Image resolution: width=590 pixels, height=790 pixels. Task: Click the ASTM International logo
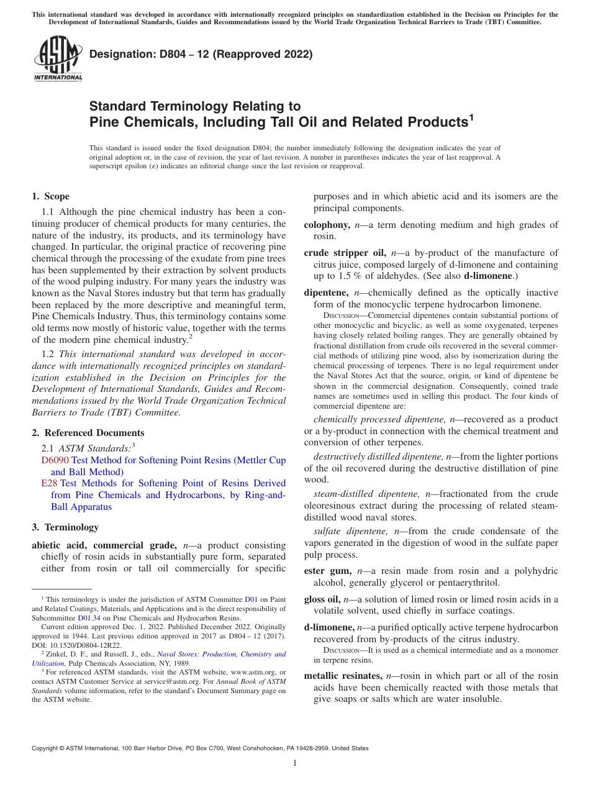[58, 59]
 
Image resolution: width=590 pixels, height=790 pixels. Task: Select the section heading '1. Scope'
[50, 196]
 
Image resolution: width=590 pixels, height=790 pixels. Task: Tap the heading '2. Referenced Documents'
[88, 433]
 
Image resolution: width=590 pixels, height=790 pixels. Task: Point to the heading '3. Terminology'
[65, 527]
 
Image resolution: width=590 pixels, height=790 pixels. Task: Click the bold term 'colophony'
[327, 225]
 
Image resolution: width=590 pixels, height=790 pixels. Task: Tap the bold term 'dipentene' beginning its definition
[327, 293]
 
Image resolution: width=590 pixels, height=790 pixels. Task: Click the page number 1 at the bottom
[295, 763]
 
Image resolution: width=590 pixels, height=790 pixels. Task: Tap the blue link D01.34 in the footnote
[88, 618]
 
